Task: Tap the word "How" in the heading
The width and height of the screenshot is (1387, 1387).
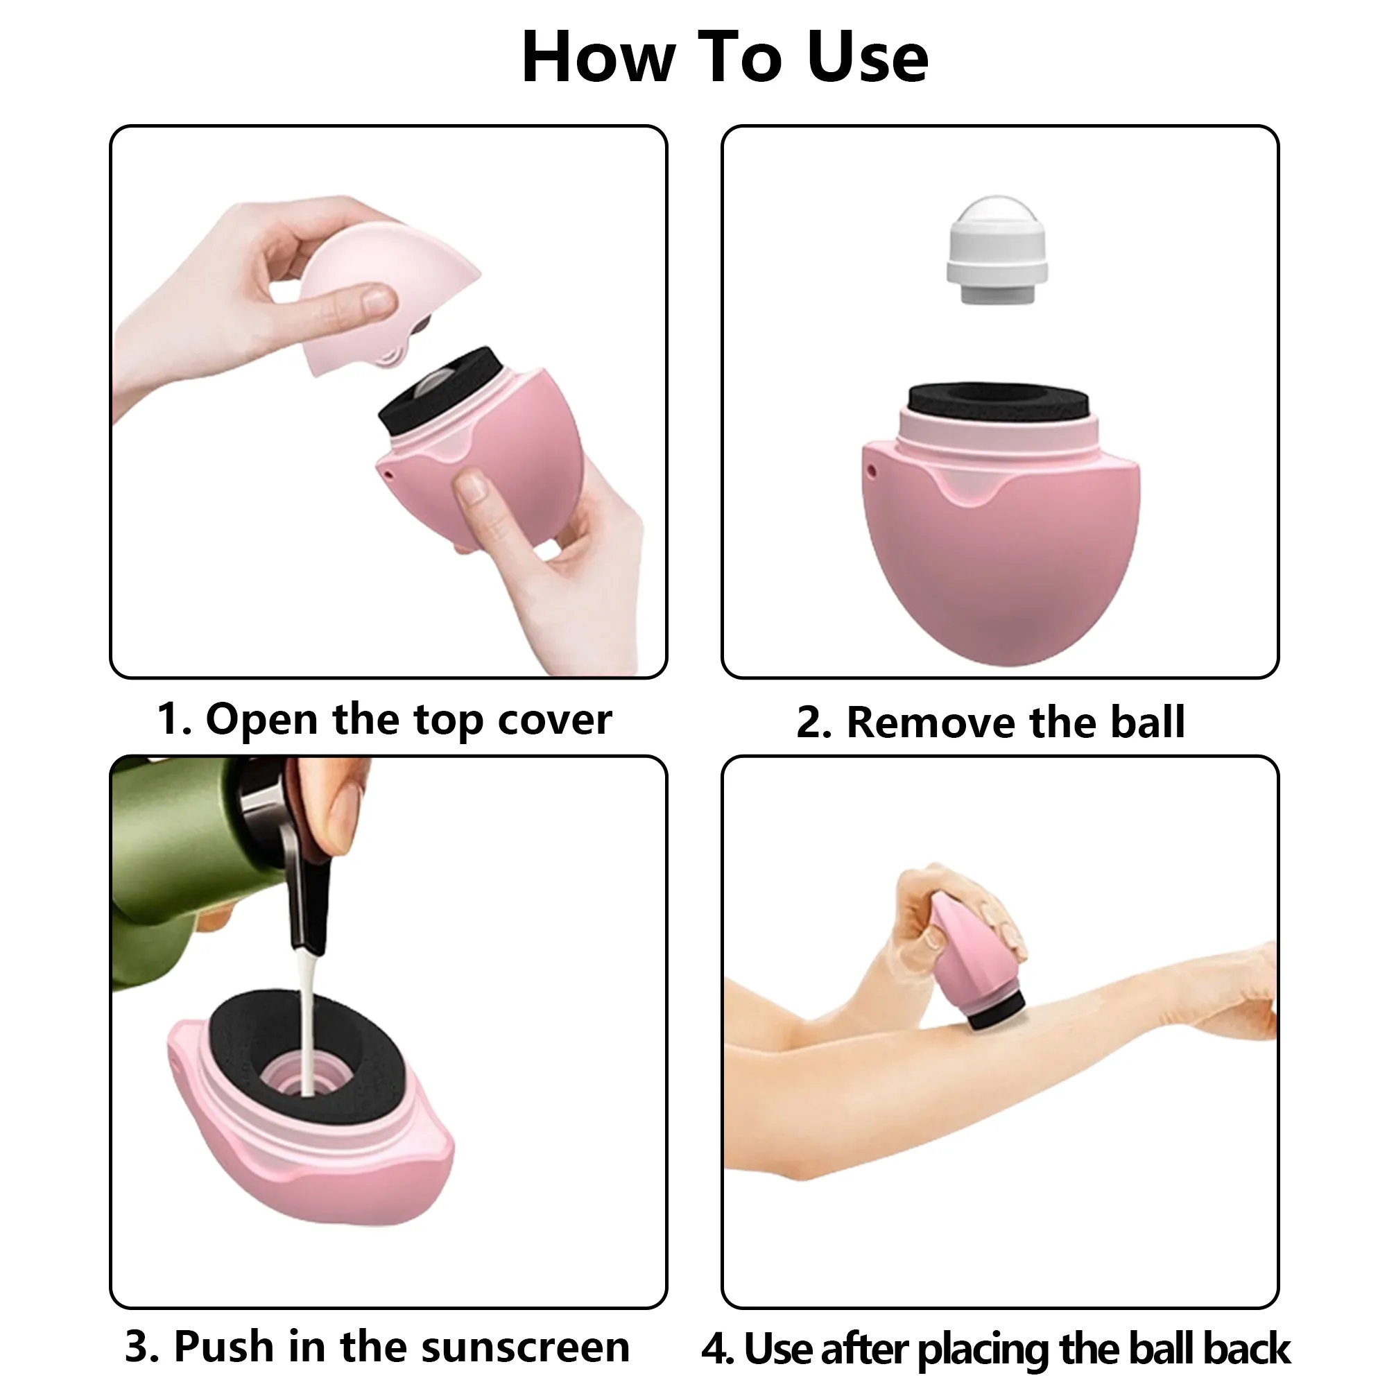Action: click(x=598, y=59)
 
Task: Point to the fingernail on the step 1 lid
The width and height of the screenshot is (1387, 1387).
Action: click(x=379, y=299)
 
